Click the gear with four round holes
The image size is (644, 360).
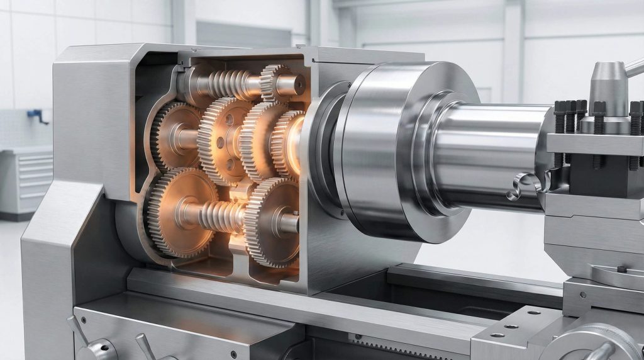pos(223,139)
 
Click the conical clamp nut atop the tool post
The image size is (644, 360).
pos(608,79)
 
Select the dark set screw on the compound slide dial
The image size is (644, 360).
pos(621,269)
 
